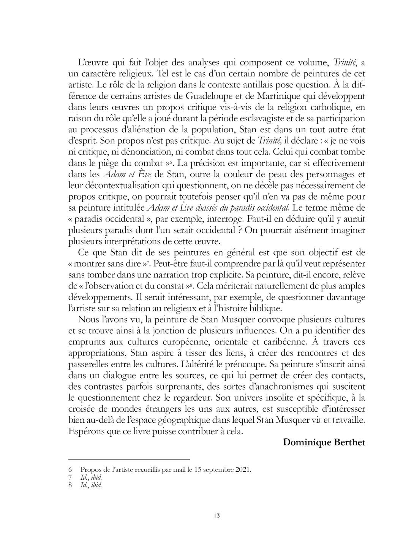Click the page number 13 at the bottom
217,515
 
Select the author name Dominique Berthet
324,442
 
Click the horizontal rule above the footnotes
129,459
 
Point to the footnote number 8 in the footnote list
70,485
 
